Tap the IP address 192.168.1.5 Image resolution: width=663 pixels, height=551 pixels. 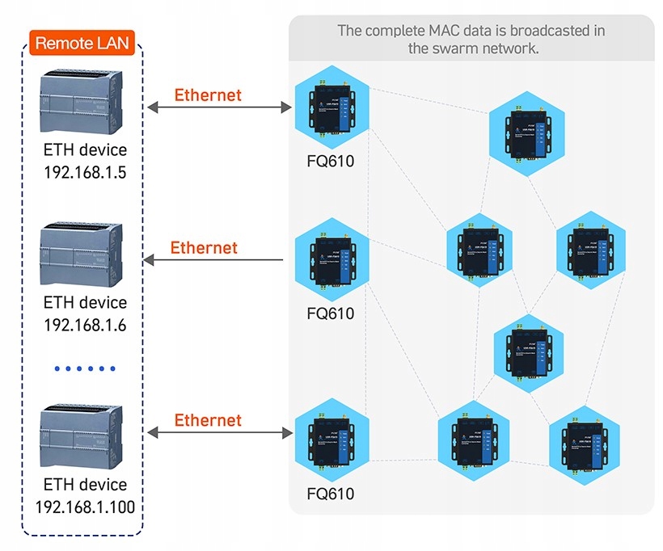[x=85, y=171]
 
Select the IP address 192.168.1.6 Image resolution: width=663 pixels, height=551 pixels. [x=85, y=325]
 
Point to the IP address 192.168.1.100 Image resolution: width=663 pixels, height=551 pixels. [x=85, y=507]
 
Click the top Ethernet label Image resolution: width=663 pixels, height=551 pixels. [x=208, y=95]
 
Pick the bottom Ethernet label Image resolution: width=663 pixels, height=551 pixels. [x=208, y=420]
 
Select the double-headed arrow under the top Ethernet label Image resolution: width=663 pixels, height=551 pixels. [x=218, y=107]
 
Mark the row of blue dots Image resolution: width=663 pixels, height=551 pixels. [x=86, y=368]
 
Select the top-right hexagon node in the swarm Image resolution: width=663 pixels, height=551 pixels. [x=528, y=131]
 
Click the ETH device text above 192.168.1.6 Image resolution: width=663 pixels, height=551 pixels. [x=85, y=303]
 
